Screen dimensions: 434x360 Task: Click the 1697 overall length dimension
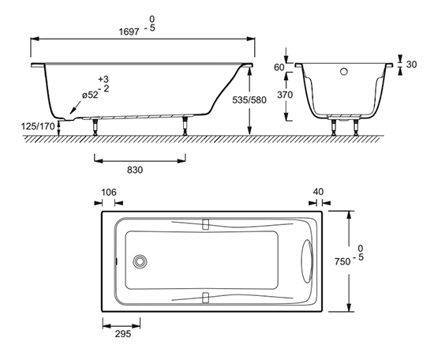coord(129,32)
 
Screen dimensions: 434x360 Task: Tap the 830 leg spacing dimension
coord(135,170)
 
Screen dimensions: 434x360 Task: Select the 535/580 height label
coord(249,100)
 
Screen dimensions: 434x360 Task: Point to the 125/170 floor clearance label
coord(38,126)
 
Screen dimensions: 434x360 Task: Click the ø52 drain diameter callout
coord(90,95)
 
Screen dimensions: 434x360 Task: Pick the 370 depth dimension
coord(285,95)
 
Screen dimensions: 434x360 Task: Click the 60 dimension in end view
coord(279,67)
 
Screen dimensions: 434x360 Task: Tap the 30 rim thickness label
coord(411,64)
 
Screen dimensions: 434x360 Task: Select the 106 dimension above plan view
coord(109,192)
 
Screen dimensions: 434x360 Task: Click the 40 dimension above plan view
coord(318,192)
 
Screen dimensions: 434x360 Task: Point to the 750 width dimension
coord(342,261)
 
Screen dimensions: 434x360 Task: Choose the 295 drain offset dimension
coord(123,334)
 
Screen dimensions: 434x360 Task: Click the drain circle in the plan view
coord(140,261)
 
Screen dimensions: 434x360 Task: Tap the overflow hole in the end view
coord(344,72)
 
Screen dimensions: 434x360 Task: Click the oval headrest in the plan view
coord(307,261)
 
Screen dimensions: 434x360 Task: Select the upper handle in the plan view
coord(205,224)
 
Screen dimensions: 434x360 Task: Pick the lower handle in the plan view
coord(205,298)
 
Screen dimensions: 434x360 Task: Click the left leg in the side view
coord(95,127)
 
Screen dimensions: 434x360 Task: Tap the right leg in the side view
coord(185,126)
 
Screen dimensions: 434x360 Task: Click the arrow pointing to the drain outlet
coord(76,107)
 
